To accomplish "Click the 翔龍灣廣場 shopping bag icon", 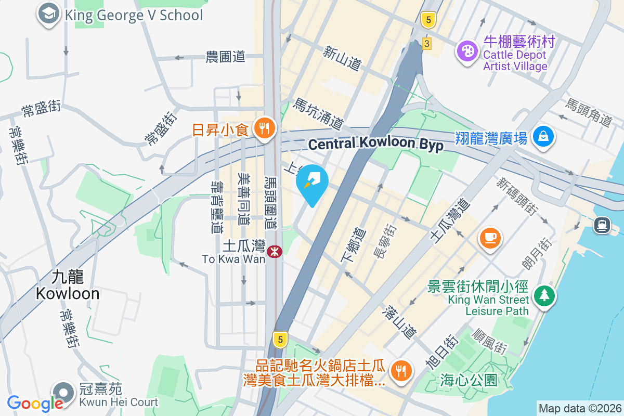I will click(543, 137).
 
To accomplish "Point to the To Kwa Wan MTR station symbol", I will click(273, 252).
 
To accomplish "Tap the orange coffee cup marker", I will click(490, 238).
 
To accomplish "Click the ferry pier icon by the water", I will click(602, 225).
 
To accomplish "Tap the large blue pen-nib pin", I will click(312, 184).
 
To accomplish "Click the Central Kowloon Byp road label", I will click(375, 144).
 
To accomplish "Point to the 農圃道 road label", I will click(225, 57).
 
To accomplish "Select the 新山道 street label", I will click(342, 58).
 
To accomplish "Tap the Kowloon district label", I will click(68, 285).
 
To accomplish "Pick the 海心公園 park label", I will click(468, 380).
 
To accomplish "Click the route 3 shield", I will click(426, 44).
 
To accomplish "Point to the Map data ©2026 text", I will click(579, 408).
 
